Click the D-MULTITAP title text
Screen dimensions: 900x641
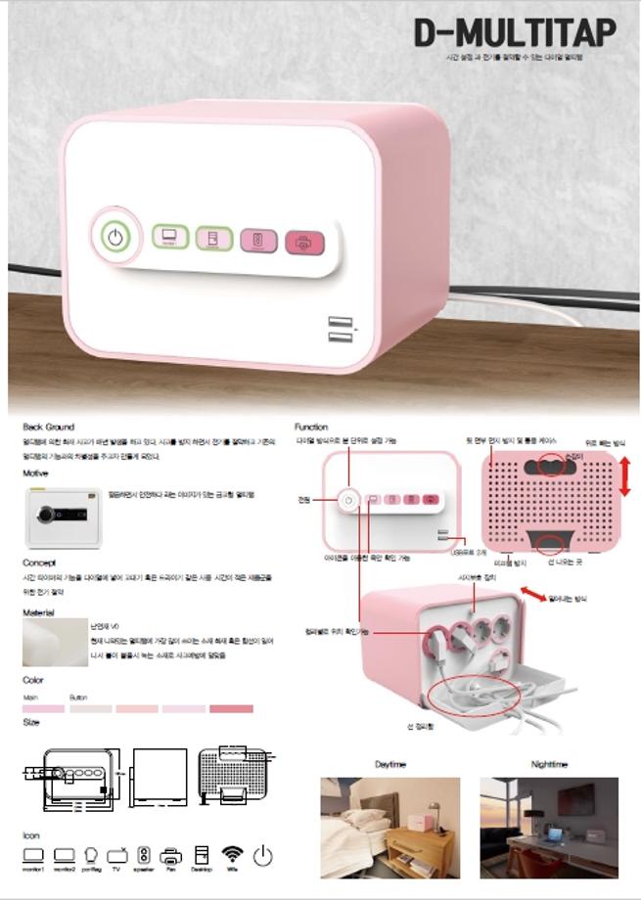click(x=515, y=33)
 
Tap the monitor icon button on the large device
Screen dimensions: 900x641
click(x=169, y=237)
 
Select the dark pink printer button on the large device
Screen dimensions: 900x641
click(x=303, y=243)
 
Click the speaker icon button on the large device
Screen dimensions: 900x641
click(x=257, y=241)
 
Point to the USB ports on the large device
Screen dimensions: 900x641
click(x=340, y=331)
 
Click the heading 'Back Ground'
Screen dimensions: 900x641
click(x=48, y=427)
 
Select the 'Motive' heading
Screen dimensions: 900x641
click(x=35, y=473)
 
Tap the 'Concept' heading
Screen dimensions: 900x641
click(x=39, y=562)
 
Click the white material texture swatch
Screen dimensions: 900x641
click(x=54, y=643)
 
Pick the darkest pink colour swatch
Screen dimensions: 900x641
click(x=231, y=708)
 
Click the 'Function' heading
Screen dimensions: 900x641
click(x=311, y=427)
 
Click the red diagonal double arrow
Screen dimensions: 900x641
click(x=531, y=594)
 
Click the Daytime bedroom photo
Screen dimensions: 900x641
click(x=389, y=828)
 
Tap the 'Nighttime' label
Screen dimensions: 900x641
click(x=549, y=764)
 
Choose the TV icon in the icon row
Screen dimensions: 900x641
click(x=117, y=856)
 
